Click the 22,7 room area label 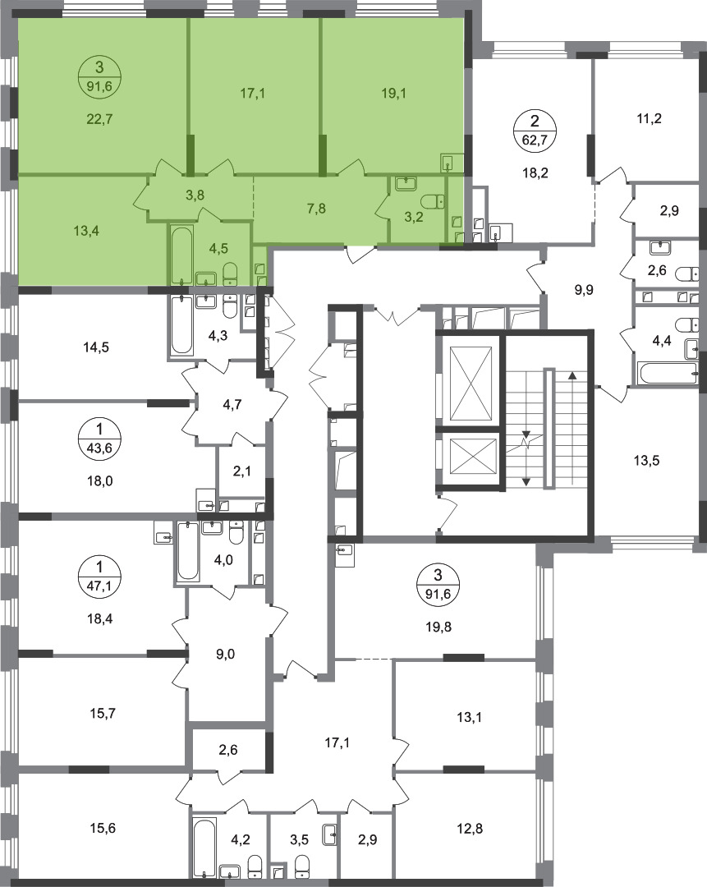99,119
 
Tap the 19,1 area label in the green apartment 393,94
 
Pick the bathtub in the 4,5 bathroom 181,255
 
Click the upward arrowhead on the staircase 573,375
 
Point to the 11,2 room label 649,118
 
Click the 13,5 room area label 646,460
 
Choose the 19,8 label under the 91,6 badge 438,627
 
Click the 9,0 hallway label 225,654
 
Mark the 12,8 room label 470,828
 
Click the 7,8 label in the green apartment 317,208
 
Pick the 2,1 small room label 241,471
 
